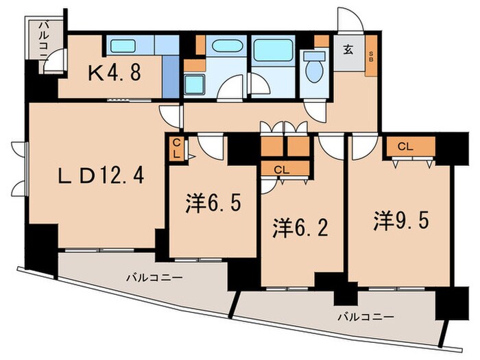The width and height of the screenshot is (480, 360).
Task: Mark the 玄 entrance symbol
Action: click(x=348, y=50)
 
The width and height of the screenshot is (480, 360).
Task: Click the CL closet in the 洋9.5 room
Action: click(x=405, y=145)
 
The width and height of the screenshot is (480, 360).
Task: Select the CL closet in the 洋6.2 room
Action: click(x=280, y=169)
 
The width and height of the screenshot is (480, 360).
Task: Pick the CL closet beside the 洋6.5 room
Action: click(x=177, y=148)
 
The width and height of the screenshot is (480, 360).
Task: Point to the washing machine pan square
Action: click(x=195, y=86)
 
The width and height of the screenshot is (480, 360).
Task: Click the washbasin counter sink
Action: click(x=224, y=47)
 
